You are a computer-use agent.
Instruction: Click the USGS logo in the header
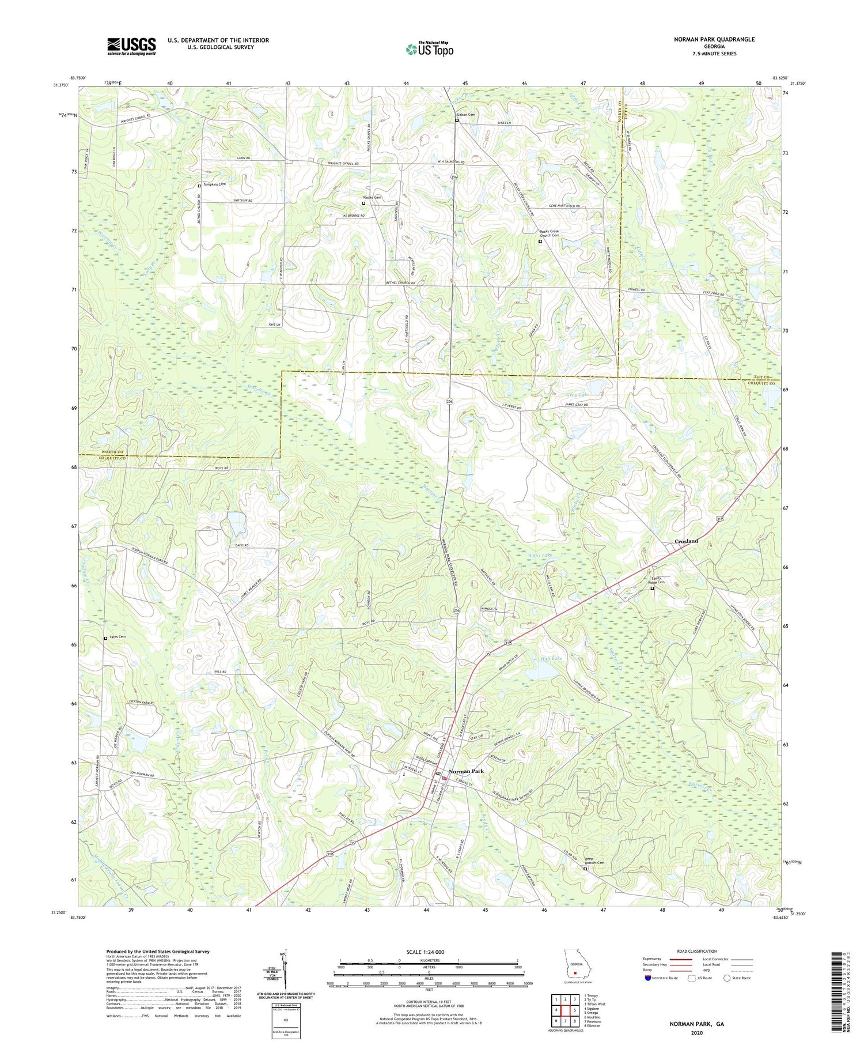pyautogui.click(x=131, y=46)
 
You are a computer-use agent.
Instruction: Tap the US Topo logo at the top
pyautogui.click(x=429, y=50)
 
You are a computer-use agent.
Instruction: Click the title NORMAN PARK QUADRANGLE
pyautogui.click(x=714, y=40)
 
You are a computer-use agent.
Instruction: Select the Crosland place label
pyautogui.click(x=686, y=541)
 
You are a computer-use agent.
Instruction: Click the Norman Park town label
pyautogui.click(x=467, y=771)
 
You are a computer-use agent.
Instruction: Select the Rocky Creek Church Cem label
pyautogui.click(x=549, y=233)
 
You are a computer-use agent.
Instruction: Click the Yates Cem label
pyautogui.click(x=117, y=637)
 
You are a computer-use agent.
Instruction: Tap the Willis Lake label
pyautogui.click(x=540, y=556)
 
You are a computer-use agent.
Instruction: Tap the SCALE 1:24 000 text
pyautogui.click(x=429, y=952)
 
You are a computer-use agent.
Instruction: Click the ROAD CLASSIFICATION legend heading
pyautogui.click(x=696, y=951)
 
